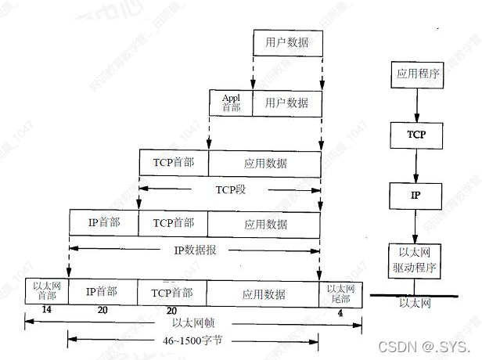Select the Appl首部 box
[231, 103]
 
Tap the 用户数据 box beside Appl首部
[286, 103]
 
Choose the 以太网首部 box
[46, 291]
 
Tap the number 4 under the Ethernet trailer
[339, 312]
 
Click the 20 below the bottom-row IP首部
[102, 311]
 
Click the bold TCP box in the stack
[415, 135]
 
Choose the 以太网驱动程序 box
[415, 261]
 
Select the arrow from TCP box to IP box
[415, 164]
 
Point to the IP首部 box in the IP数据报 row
[103, 223]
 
